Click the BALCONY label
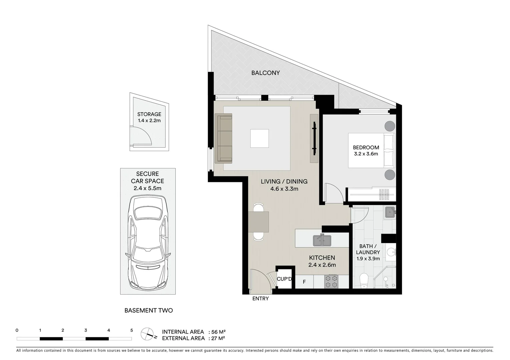[266, 73]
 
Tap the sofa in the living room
[224, 138]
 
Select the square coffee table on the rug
[260, 138]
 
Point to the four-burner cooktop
[331, 281]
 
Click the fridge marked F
[304, 282]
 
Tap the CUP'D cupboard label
[285, 279]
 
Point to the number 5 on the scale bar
[131, 330]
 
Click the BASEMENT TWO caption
[148, 310]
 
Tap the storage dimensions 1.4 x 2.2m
[149, 120]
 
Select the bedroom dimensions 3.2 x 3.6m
[366, 154]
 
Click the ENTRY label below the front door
[260, 299]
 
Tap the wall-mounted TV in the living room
[314, 138]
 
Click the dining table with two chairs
[259, 222]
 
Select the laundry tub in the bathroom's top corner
[389, 212]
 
